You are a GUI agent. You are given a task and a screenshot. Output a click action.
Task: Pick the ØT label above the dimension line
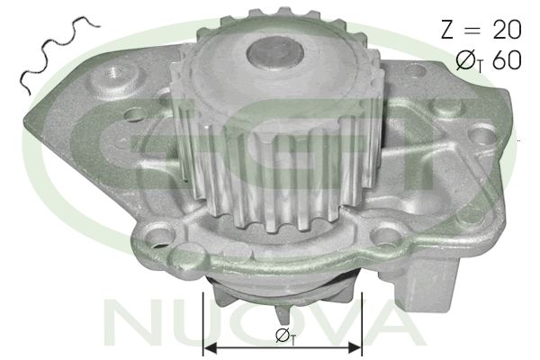pos(282,334)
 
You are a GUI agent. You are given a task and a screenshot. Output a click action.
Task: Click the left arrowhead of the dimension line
pos(211,345)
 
